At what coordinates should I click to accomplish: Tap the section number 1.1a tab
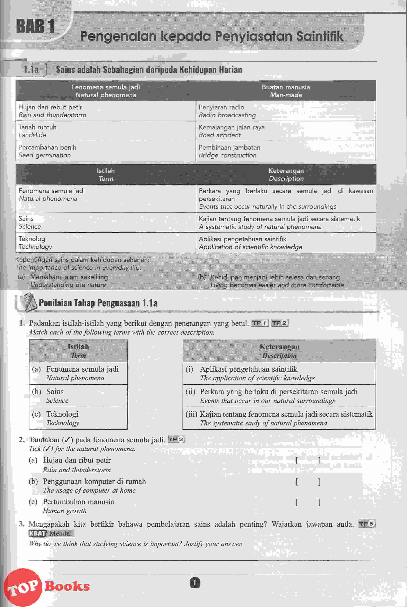pos(31,69)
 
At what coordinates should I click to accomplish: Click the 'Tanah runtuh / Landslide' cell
pos(105,131)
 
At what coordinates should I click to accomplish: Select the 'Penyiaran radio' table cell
pos(285,111)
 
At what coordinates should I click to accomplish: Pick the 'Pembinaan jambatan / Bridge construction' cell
pos(285,151)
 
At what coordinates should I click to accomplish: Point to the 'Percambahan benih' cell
pos(105,151)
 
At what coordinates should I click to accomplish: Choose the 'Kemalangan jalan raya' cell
pos(285,131)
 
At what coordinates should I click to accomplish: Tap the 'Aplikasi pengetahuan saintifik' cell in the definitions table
pos(285,243)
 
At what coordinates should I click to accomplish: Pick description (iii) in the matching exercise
pos(279,418)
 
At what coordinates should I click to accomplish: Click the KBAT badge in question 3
pos(37,533)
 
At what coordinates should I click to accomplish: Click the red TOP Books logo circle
pos(23,587)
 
